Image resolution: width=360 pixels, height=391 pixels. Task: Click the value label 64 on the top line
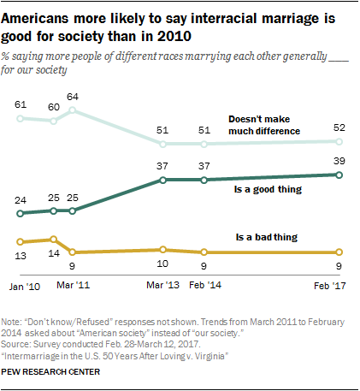click(73, 97)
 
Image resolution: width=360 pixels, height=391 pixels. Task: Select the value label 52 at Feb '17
click(339, 127)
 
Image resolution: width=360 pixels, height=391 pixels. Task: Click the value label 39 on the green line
click(339, 161)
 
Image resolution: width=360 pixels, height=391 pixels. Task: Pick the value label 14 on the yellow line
click(53, 253)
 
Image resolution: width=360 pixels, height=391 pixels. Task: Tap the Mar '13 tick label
click(162, 282)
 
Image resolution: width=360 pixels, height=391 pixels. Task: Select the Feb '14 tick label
click(204, 282)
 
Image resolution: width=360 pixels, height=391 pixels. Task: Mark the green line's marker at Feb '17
click(339, 175)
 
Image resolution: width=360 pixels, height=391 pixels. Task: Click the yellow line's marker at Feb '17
click(339, 252)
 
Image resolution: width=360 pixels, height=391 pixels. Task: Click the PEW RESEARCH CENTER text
click(62, 372)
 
